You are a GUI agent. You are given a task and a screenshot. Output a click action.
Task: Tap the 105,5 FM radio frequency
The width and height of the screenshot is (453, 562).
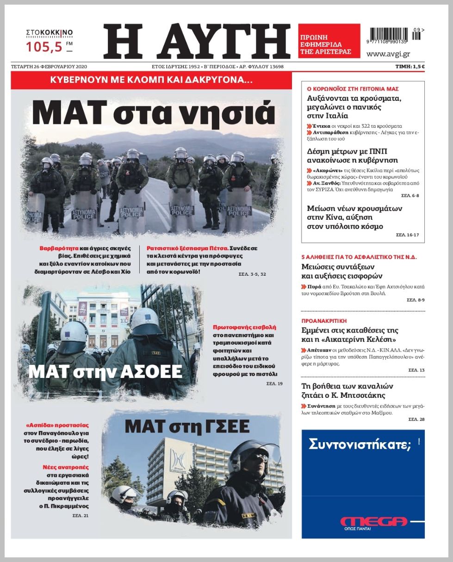45,47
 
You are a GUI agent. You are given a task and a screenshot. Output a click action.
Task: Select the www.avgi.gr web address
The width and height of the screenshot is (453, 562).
388,54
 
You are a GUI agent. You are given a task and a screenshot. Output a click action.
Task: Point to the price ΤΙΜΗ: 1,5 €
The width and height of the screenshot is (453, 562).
409,67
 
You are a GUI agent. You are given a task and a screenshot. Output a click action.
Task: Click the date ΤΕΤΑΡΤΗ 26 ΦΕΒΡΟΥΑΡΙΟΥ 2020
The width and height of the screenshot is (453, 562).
49,67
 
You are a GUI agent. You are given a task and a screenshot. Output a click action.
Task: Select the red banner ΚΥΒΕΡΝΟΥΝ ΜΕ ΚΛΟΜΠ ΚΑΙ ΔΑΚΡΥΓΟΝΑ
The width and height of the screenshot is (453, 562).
151,80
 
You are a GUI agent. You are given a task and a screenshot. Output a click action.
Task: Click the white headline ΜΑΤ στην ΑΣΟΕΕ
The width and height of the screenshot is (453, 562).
105,371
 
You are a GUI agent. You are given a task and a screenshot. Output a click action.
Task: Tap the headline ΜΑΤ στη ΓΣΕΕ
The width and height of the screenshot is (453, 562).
186,426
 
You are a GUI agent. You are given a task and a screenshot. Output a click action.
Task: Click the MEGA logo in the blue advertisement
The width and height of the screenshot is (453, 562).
374,521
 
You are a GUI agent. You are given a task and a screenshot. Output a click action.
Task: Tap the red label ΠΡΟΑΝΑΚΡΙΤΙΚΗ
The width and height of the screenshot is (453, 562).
324,320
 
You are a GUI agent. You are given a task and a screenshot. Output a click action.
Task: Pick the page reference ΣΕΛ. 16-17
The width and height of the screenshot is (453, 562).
407,235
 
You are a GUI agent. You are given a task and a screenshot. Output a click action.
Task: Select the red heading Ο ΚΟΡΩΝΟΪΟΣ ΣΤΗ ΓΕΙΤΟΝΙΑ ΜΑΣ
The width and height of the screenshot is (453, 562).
353,88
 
